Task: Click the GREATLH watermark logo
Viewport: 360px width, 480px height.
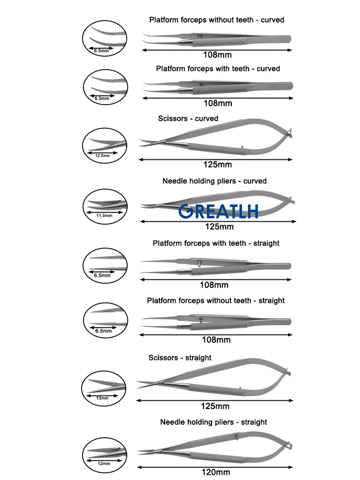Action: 218,211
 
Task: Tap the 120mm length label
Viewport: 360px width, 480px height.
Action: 216,472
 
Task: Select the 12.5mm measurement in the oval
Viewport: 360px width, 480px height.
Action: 103,156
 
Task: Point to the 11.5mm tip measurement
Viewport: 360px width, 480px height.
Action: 104,216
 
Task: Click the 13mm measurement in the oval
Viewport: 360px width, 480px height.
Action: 102,398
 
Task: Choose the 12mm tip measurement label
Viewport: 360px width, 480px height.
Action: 104,464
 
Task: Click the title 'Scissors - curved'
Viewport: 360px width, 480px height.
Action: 188,119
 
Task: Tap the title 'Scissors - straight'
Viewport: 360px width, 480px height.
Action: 180,358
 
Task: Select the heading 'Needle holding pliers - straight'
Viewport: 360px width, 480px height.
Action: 214,422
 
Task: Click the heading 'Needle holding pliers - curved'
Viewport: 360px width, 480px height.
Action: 214,181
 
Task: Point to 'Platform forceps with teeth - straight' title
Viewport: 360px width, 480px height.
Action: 216,243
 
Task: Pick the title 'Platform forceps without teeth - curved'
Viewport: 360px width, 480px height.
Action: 217,20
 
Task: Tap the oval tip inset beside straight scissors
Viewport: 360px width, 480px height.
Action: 104,389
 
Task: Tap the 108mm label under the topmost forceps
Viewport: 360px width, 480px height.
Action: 217,55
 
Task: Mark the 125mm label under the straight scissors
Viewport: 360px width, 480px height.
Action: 215,406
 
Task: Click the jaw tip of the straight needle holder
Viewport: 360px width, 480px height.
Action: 139,452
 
